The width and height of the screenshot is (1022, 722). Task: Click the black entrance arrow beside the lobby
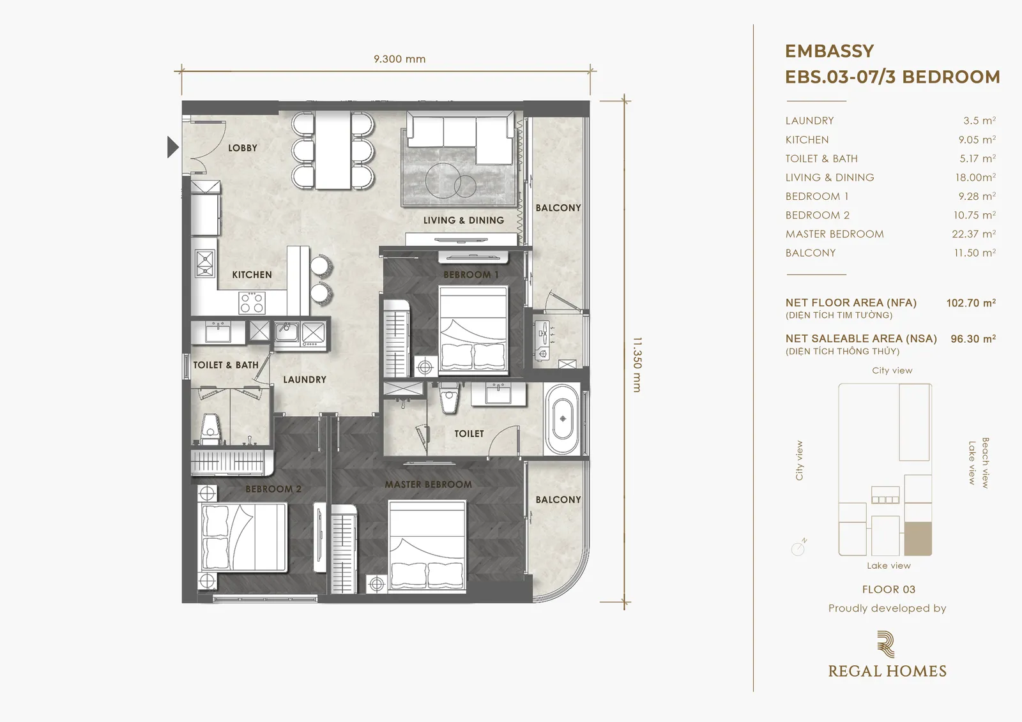(x=172, y=147)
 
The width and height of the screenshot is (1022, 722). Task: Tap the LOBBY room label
(x=243, y=147)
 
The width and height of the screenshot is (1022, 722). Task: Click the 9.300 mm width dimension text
(x=400, y=59)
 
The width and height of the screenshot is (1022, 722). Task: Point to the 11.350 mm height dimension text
(x=637, y=365)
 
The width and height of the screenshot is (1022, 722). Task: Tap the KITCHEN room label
(x=252, y=275)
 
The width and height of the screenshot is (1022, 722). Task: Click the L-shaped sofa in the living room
(x=461, y=138)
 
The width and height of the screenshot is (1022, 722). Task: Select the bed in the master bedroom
(x=427, y=545)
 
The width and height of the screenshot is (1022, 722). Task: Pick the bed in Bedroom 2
(x=244, y=538)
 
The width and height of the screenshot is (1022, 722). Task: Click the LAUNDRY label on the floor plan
(x=305, y=379)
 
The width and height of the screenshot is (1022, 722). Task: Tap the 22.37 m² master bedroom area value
(x=973, y=234)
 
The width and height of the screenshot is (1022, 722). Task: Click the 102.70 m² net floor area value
(x=971, y=303)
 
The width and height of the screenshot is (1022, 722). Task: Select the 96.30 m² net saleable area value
(x=973, y=339)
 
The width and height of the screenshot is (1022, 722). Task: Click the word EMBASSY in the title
(x=830, y=51)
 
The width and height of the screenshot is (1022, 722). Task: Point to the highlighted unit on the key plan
(x=918, y=539)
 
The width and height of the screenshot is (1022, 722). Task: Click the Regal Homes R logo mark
(x=886, y=644)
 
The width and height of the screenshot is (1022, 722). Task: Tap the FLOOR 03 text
(x=889, y=589)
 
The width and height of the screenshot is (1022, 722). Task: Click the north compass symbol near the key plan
(x=798, y=547)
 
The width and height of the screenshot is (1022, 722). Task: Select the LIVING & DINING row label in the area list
(x=830, y=177)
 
